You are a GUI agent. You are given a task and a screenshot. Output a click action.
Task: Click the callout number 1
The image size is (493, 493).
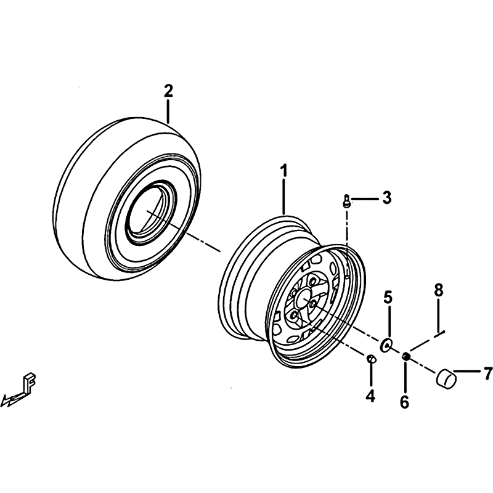tap(284, 171)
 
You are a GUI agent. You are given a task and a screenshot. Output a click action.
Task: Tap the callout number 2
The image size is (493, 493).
tap(168, 91)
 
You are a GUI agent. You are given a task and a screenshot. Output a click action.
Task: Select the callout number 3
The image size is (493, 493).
tap(387, 198)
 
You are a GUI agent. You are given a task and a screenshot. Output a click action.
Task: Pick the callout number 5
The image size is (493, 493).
tap(388, 298)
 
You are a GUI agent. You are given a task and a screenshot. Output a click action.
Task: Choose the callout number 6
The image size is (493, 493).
tap(404, 402)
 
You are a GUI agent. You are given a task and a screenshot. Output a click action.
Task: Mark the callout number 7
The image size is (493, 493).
tap(488, 373)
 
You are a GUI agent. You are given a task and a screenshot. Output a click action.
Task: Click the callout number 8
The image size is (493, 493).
tap(439, 290)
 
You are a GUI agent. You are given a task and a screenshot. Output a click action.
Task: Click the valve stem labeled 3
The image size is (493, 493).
tap(346, 201)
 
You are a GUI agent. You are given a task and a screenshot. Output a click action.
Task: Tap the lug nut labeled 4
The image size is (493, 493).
tap(371, 359)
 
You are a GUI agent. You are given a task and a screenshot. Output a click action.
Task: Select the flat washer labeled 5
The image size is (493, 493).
tap(386, 344)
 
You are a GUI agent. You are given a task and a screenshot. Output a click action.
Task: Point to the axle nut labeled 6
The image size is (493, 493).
tap(405, 356)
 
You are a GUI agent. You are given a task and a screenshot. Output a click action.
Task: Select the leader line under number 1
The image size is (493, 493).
tap(284, 197)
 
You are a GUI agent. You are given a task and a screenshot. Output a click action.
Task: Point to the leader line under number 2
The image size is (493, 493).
tap(168, 112)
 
